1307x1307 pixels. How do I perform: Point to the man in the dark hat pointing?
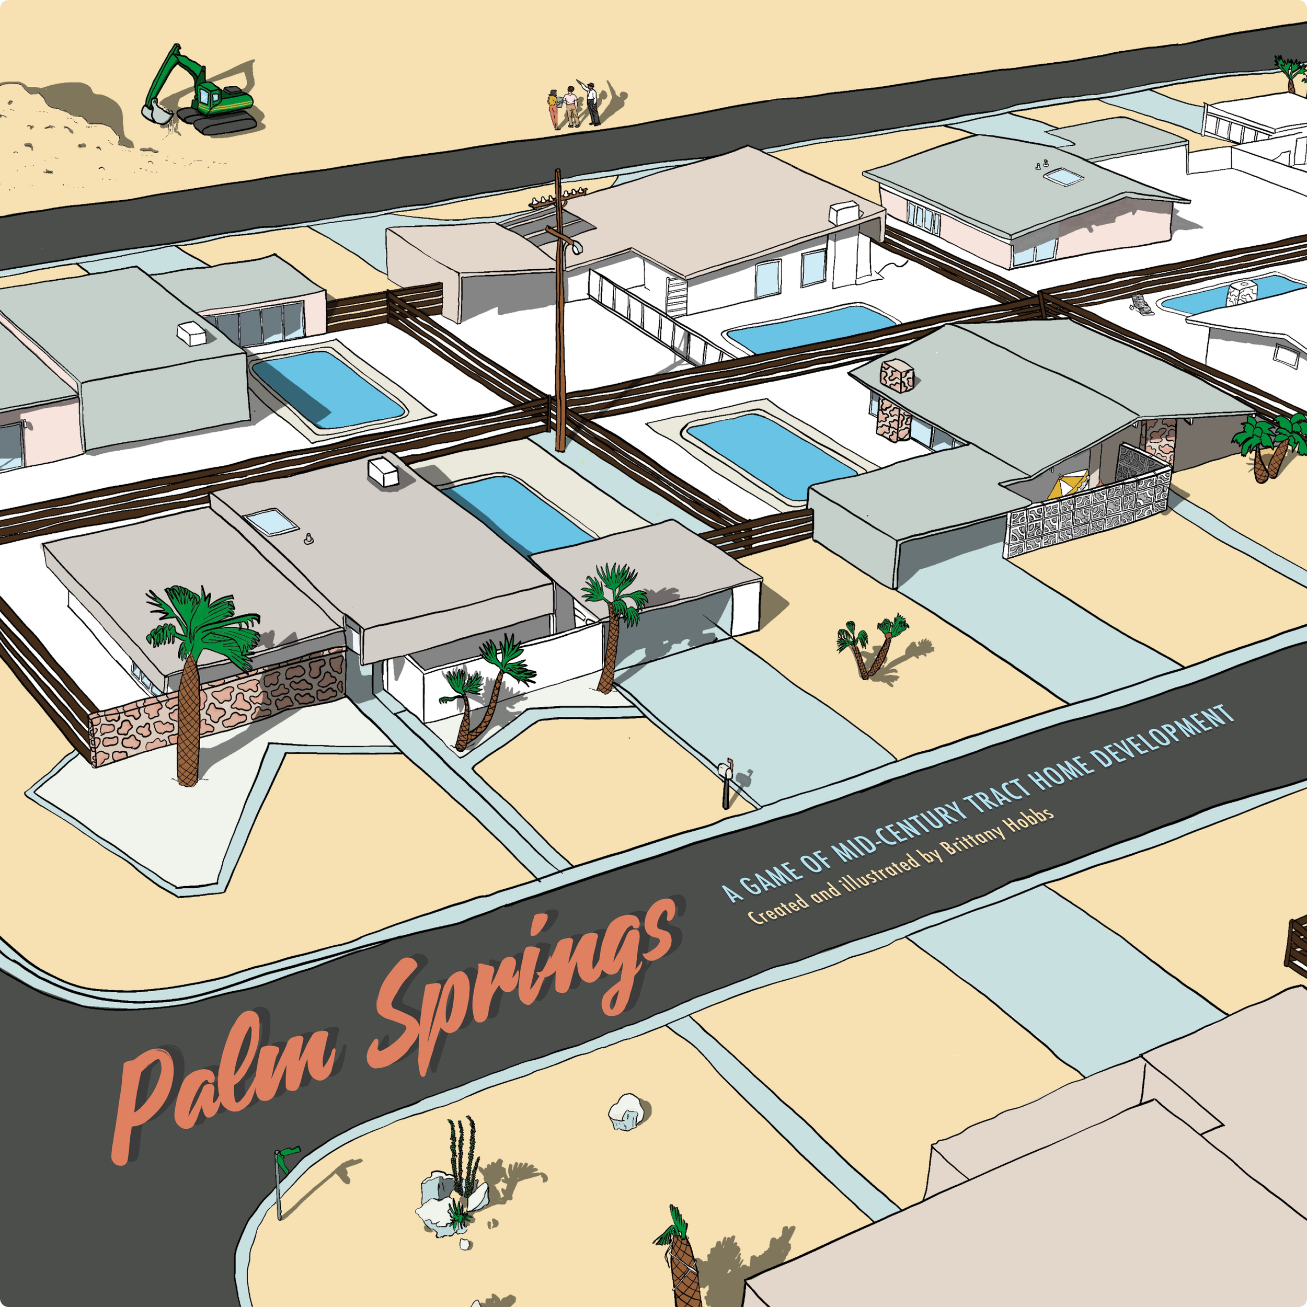(x=592, y=104)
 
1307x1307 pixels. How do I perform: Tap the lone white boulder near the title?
(x=626, y=1111)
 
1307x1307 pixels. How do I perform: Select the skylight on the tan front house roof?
(x=271, y=522)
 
